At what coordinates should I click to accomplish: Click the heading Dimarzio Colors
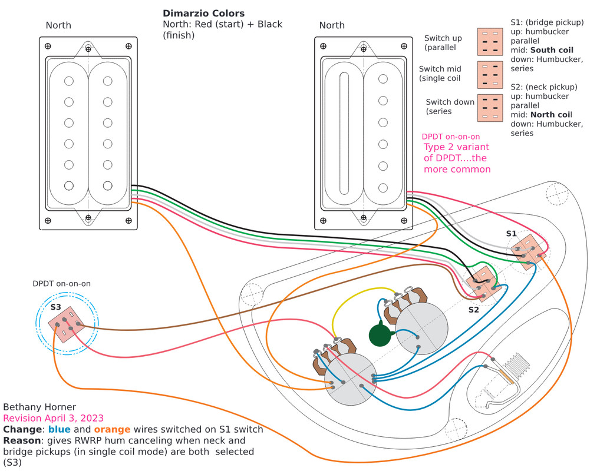(x=203, y=13)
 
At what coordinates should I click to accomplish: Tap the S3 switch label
(x=55, y=307)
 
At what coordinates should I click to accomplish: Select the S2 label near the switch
(x=474, y=310)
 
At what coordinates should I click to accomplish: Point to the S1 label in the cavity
(x=511, y=233)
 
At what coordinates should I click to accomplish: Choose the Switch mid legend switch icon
(x=490, y=74)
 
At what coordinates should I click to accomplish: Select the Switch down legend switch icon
(x=490, y=107)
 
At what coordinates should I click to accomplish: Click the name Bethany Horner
(x=39, y=407)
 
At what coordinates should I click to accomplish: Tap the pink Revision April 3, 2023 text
(x=54, y=418)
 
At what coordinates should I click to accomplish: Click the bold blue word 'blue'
(x=60, y=429)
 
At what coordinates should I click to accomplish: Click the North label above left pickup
(x=58, y=25)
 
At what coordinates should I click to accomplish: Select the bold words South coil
(x=552, y=51)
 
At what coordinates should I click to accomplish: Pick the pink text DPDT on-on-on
(x=451, y=137)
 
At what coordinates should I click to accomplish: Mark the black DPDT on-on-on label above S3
(x=61, y=283)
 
